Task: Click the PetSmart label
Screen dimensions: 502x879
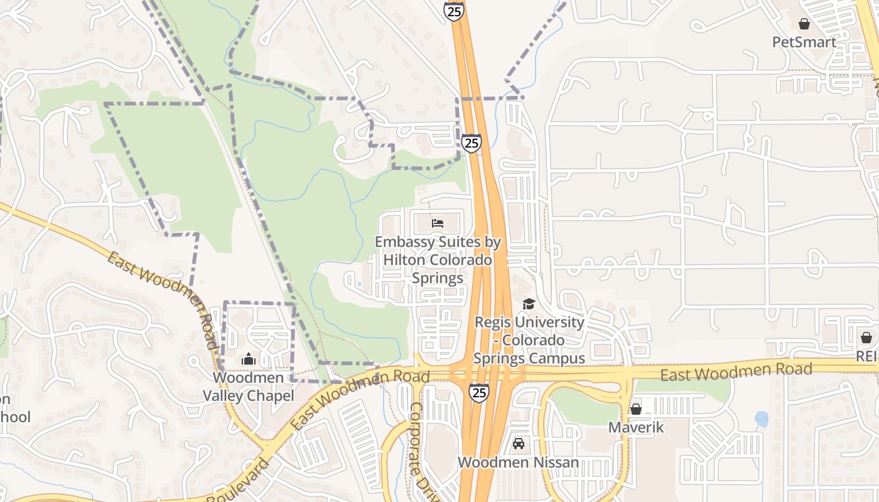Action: pyautogui.click(x=804, y=42)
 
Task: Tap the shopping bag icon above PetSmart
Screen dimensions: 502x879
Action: pyautogui.click(x=804, y=24)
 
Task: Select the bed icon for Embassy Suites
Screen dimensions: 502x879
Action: pyautogui.click(x=438, y=223)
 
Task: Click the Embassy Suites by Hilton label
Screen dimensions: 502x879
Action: pyautogui.click(x=438, y=259)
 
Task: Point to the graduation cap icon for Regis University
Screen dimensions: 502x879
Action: pyautogui.click(x=529, y=304)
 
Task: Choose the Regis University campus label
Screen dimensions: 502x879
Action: pyautogui.click(x=529, y=339)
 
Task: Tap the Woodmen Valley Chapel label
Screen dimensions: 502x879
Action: pyautogui.click(x=248, y=387)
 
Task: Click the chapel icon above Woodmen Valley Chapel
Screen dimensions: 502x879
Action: pyautogui.click(x=249, y=360)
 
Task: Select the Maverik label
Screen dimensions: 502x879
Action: pyautogui.click(x=636, y=427)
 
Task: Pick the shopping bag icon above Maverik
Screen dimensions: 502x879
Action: pyautogui.click(x=635, y=409)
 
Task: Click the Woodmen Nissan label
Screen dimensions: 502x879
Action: pyautogui.click(x=518, y=462)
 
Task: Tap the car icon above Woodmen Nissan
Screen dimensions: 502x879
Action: pyautogui.click(x=519, y=444)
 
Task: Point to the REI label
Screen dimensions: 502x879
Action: pyautogui.click(x=868, y=356)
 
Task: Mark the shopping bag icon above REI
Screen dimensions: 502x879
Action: pyautogui.click(x=866, y=338)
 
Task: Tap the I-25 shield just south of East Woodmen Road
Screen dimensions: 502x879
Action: pyautogui.click(x=478, y=393)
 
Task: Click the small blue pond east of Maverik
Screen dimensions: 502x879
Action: pyautogui.click(x=761, y=419)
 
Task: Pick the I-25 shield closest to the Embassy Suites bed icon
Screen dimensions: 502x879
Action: pyautogui.click(x=472, y=143)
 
